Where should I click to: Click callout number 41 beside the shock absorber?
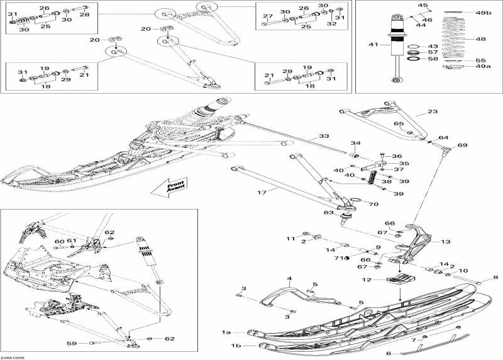coord(373,45)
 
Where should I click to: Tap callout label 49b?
coord(482,13)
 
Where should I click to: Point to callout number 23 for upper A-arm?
coord(433,112)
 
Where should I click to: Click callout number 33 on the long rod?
coord(323,136)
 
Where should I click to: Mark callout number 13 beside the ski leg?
coord(446,240)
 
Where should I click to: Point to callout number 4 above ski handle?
coord(290,278)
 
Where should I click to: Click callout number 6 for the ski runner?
coord(389,354)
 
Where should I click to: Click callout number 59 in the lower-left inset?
coord(72,343)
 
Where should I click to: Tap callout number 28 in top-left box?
coord(84,14)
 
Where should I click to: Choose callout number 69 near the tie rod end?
coord(463,146)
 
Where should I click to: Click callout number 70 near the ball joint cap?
coord(373,204)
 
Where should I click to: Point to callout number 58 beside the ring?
coord(433,59)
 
